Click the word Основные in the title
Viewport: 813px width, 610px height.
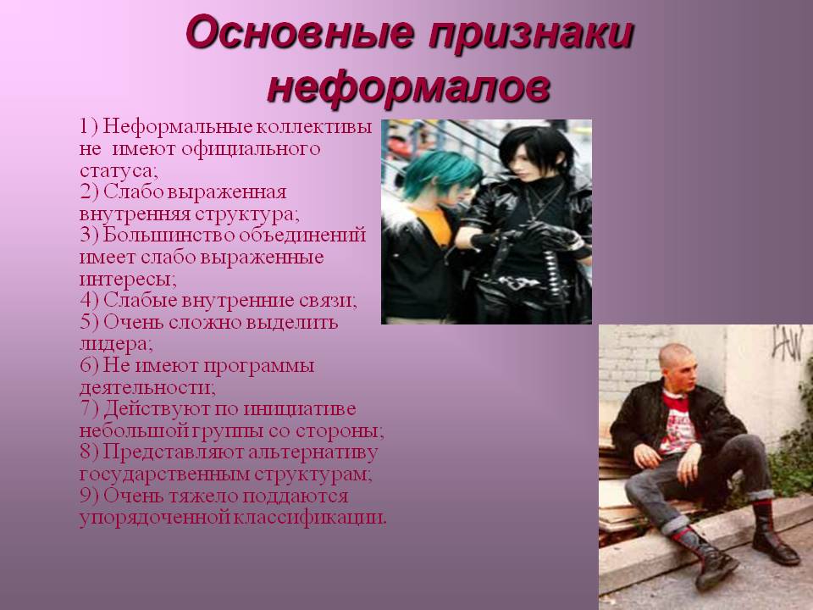[x=300, y=33]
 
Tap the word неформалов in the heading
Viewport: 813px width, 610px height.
[x=408, y=87]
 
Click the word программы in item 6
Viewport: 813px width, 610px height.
[x=258, y=366]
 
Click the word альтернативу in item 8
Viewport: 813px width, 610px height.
[x=313, y=452]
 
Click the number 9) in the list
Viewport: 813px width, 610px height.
[x=90, y=496]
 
